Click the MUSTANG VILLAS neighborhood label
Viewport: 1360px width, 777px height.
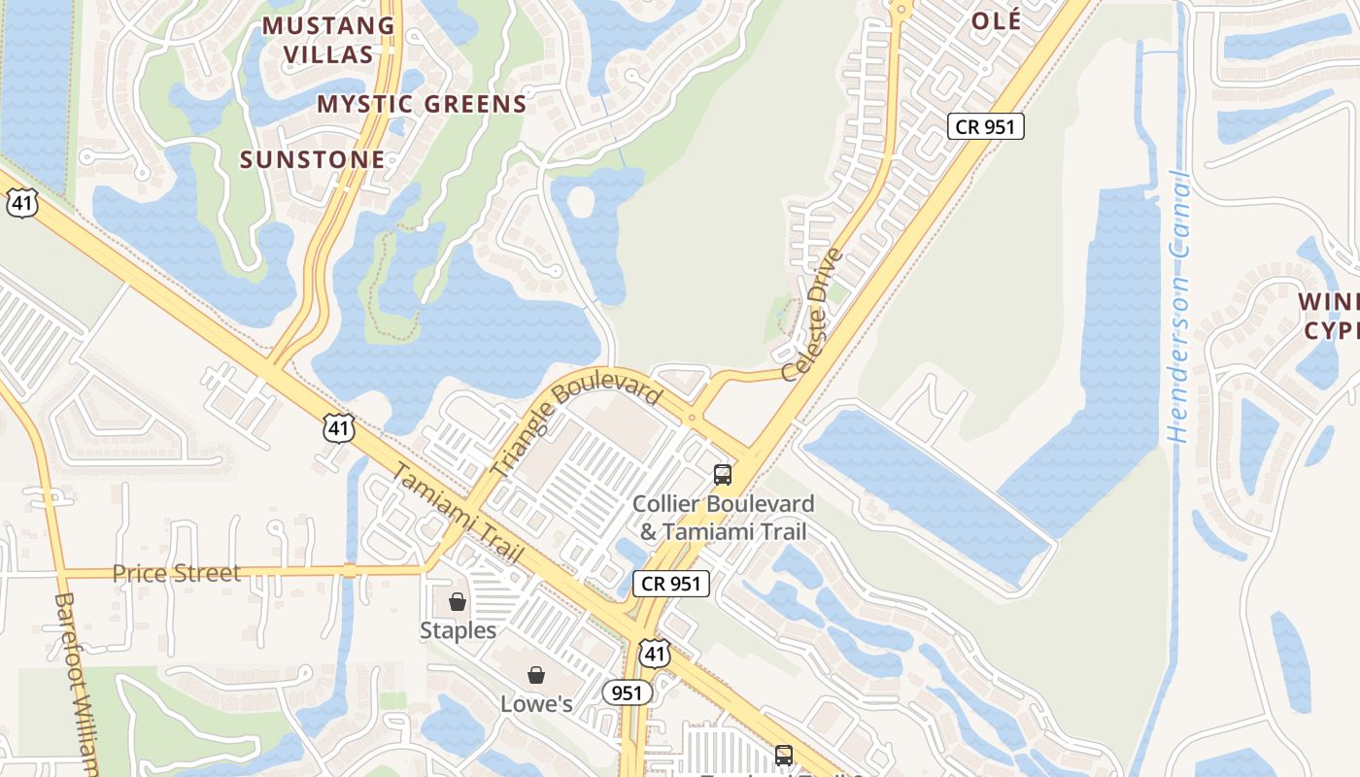(329, 40)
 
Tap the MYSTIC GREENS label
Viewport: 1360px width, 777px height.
(422, 104)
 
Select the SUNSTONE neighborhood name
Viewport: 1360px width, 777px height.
(312, 159)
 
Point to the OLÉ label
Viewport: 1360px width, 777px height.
(996, 21)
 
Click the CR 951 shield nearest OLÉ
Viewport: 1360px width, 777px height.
(985, 125)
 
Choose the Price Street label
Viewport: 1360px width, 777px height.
(176, 573)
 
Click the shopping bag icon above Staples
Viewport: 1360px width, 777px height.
(458, 602)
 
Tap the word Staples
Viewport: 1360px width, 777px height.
(458, 630)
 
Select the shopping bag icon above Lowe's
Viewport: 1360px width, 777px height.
(535, 675)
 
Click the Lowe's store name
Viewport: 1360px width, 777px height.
(536, 703)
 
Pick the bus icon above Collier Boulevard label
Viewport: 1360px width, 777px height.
(723, 474)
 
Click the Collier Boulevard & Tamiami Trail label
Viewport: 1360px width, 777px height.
(723, 518)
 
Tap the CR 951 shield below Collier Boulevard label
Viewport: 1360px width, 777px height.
(671, 584)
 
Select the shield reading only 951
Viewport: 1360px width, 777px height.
(627, 693)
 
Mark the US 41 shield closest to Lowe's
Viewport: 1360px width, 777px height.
(655, 653)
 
